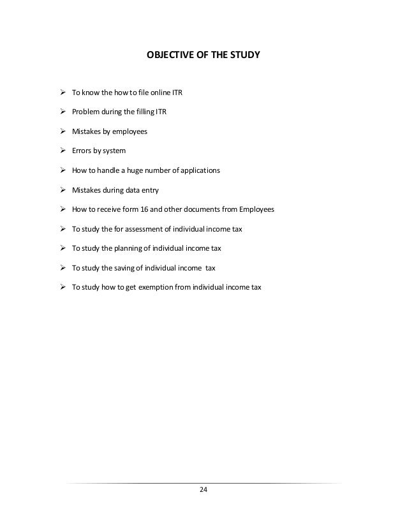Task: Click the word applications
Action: [x=200, y=171]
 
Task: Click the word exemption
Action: [x=161, y=287]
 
